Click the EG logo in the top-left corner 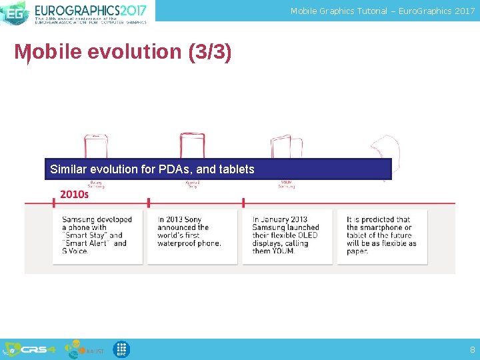click(15, 12)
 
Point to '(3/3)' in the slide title click(210, 52)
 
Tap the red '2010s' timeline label click(74, 194)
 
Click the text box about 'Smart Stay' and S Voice click(98, 235)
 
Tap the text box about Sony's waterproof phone click(192, 235)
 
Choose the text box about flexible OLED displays click(287, 235)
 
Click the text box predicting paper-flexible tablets click(382, 235)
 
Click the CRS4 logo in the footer click(31, 349)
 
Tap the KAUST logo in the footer click(83, 349)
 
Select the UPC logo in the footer click(121, 349)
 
